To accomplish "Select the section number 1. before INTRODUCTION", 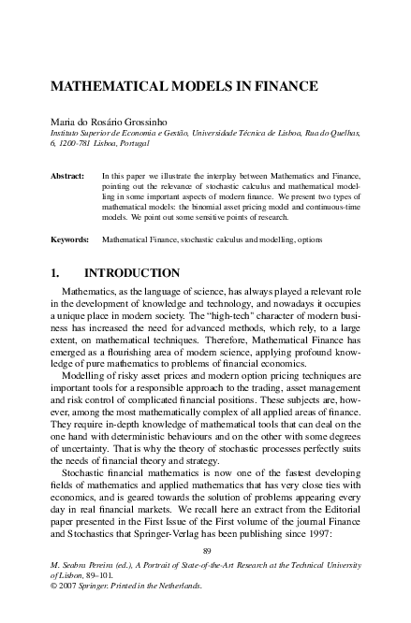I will coord(55,273).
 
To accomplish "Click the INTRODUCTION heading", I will coord(132,273).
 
